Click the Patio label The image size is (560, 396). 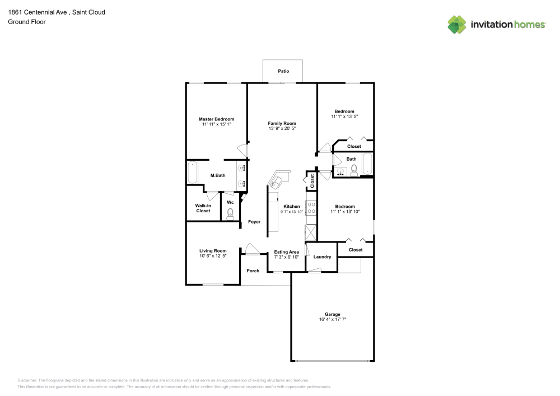(x=283, y=71)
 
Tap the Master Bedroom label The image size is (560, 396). (x=216, y=119)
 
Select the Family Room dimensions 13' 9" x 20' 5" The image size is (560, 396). (x=282, y=129)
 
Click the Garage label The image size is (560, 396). (x=333, y=314)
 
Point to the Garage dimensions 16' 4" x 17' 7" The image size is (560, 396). (x=333, y=320)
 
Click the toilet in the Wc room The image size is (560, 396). (x=230, y=214)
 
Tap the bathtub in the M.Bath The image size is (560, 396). (x=193, y=173)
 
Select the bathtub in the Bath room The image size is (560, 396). (x=367, y=164)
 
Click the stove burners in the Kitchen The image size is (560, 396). (x=311, y=208)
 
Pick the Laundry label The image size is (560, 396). (x=322, y=257)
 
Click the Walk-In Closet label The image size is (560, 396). (x=203, y=208)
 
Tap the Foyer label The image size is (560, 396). (x=254, y=222)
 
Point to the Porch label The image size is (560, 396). (x=253, y=271)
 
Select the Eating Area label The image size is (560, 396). (x=286, y=251)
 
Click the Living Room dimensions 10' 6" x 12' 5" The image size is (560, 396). (x=213, y=256)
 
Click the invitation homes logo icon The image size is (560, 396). (x=457, y=25)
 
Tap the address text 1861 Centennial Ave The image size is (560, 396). (x=38, y=12)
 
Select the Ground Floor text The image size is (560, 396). (x=27, y=22)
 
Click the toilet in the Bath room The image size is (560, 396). (x=354, y=171)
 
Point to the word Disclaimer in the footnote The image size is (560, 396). (x=27, y=380)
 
